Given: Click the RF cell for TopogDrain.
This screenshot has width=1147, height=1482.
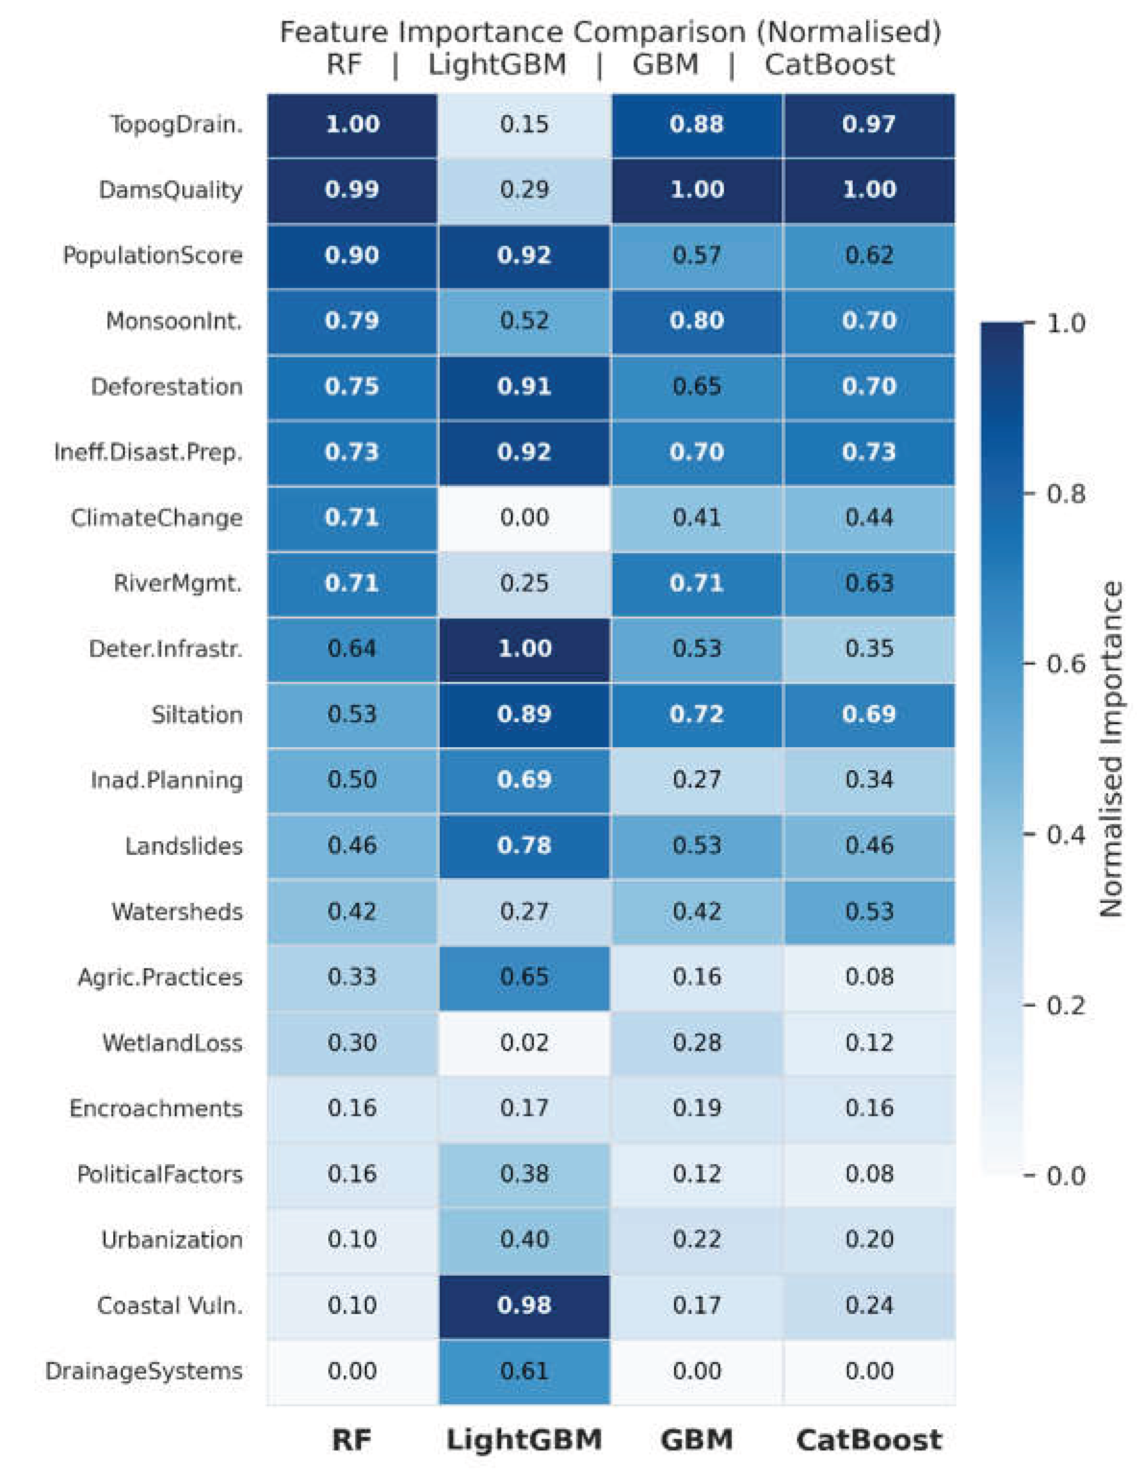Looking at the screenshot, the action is [352, 125].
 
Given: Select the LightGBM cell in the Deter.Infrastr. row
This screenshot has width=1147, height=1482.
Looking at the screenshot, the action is [524, 649].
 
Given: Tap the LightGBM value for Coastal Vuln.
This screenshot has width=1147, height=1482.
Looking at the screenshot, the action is [524, 1305].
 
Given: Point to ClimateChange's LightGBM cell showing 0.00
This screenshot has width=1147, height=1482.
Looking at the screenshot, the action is [524, 518].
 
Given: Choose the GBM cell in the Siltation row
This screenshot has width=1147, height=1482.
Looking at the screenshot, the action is [696, 715].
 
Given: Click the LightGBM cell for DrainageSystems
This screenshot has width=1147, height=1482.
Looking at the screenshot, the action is [524, 1371].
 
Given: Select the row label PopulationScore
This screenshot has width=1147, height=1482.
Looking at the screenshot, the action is [153, 256].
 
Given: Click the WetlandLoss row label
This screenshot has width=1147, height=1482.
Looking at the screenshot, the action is [172, 1042].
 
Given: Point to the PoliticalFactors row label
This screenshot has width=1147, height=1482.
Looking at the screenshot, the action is [159, 1174].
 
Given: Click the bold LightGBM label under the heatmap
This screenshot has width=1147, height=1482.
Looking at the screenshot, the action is [524, 1440].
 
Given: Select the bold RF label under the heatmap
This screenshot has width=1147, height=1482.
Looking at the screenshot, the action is [352, 1440].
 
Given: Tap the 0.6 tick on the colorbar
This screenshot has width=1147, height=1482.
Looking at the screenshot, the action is [1065, 664].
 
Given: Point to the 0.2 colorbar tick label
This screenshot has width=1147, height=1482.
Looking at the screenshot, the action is [1065, 1005].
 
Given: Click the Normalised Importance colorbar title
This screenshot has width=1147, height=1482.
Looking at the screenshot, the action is [1111, 750].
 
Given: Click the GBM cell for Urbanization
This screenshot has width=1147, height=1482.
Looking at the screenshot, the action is [696, 1240].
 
